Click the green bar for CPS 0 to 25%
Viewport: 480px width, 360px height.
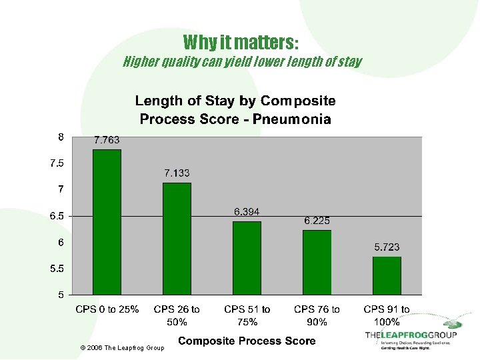coord(107,222)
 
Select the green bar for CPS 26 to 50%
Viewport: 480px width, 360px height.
coord(177,239)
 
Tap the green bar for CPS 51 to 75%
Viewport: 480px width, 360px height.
coord(247,258)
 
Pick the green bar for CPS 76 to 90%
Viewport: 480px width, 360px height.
coord(317,262)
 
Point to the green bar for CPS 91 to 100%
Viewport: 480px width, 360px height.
coord(387,275)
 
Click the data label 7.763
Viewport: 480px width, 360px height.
coord(107,140)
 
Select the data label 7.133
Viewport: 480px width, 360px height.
coord(177,173)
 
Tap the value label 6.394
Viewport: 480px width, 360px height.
coord(247,212)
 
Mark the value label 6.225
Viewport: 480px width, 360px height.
coord(317,221)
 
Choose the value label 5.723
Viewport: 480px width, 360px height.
coord(387,247)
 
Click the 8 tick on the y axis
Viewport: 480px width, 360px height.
coord(60,137)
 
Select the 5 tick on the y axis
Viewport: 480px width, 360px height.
coord(60,294)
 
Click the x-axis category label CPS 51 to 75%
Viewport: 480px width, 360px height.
coord(247,315)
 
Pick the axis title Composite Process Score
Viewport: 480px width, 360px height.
coord(247,341)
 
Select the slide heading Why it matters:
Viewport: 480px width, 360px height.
coord(241,43)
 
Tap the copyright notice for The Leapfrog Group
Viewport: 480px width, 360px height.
coord(121,348)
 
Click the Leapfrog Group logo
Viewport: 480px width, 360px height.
coord(410,335)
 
